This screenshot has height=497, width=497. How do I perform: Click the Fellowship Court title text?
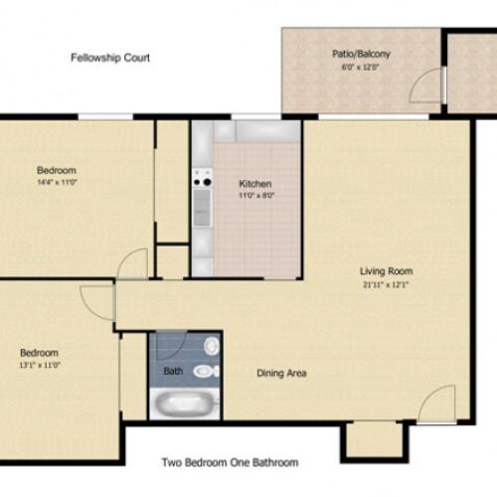coord(110,58)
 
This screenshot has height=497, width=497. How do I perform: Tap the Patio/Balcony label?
coord(361,55)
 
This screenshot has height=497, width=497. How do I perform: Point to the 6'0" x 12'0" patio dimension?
coord(361,68)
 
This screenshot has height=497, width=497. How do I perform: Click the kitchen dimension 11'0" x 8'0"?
coord(255,197)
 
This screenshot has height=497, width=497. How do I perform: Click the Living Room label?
coord(387,270)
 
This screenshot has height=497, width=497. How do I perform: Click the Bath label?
coord(172,373)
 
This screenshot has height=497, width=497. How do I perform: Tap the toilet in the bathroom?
coord(205,372)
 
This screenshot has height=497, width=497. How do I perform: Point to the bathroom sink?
coord(210,345)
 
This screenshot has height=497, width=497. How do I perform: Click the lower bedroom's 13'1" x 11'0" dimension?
coord(40,365)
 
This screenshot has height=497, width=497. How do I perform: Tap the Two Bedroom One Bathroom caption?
coord(230,462)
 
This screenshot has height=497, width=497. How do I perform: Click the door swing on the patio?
coord(427,87)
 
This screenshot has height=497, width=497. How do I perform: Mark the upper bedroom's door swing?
coord(133,263)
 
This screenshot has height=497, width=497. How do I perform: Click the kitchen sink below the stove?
coord(203,207)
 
